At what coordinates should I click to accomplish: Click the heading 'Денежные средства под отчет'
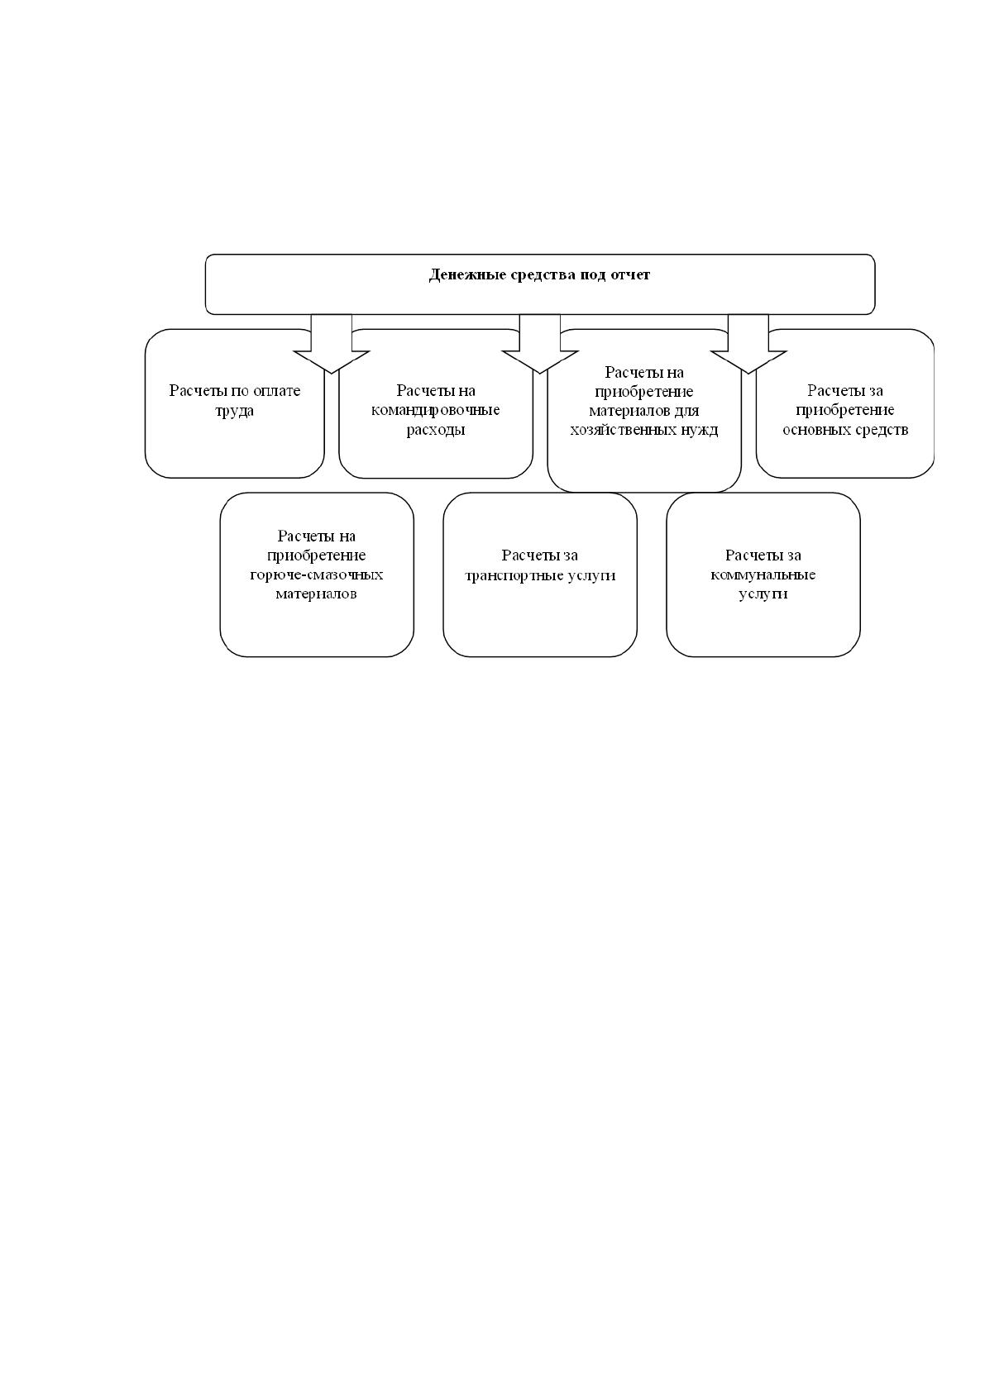click(539, 274)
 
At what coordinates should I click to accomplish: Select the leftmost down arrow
click(332, 344)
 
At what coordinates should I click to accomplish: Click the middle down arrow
click(540, 344)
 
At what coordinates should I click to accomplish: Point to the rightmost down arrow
click(748, 344)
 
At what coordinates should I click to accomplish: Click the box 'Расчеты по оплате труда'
click(234, 403)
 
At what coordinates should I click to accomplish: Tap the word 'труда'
click(234, 412)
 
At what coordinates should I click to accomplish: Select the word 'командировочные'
click(435, 410)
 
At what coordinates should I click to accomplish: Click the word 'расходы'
click(436, 430)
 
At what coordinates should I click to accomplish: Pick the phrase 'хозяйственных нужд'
click(644, 430)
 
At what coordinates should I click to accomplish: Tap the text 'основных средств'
click(845, 430)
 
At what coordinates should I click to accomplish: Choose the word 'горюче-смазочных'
click(317, 574)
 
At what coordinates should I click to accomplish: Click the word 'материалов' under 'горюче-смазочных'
click(317, 594)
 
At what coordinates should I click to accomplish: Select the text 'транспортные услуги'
click(540, 575)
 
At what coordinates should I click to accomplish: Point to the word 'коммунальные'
click(763, 574)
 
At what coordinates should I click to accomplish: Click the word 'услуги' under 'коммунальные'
click(763, 594)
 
